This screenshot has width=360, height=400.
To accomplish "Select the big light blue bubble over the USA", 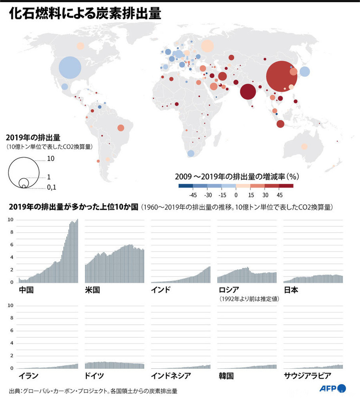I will tap(70, 68).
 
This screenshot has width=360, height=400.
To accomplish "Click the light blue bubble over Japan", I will tap(304, 72).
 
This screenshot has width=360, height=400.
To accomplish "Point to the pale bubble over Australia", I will tap(304, 146).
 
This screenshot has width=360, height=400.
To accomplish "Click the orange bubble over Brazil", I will tap(121, 128).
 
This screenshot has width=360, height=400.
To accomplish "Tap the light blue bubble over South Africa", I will tap(191, 153).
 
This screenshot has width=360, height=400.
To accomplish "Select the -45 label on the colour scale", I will tap(193, 195).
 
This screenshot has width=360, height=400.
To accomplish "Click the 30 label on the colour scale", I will tap(265, 195).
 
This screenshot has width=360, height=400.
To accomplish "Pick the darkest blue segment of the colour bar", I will tap(186, 186).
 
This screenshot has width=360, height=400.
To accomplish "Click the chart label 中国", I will tap(26, 290).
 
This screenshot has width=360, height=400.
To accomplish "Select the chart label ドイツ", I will tap(95, 376).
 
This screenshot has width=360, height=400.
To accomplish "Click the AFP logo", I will tap(332, 388).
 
